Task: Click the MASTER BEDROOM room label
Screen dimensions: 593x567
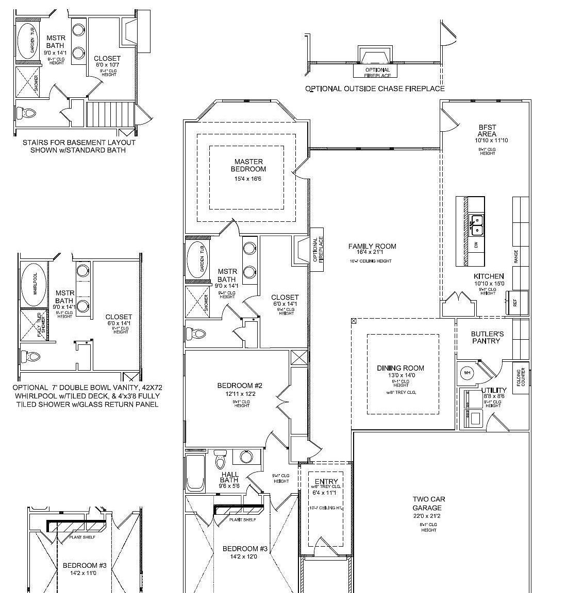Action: pyautogui.click(x=248, y=165)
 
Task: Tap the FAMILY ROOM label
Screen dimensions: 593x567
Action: pyautogui.click(x=372, y=246)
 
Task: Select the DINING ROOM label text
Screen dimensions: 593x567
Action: pyautogui.click(x=401, y=368)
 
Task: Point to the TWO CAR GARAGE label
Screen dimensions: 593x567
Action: pyautogui.click(x=428, y=503)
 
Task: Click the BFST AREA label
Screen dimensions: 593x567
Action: pyautogui.click(x=487, y=131)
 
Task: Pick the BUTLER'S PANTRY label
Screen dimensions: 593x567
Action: pyautogui.click(x=487, y=337)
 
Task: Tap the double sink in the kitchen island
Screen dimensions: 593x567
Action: pyautogui.click(x=477, y=225)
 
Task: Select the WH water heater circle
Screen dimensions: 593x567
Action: pyautogui.click(x=468, y=373)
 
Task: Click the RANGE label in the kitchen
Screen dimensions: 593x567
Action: pyautogui.click(x=516, y=255)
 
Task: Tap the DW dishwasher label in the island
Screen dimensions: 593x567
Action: pyautogui.click(x=476, y=246)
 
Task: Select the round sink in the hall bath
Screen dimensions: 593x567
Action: pyautogui.click(x=246, y=457)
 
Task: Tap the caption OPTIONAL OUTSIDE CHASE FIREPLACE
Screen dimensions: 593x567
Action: pyautogui.click(x=375, y=89)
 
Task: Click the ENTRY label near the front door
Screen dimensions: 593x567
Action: pyautogui.click(x=326, y=482)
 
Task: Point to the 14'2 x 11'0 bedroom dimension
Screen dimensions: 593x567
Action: pyautogui.click(x=80, y=573)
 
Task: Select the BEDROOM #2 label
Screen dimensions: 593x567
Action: pyautogui.click(x=240, y=386)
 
